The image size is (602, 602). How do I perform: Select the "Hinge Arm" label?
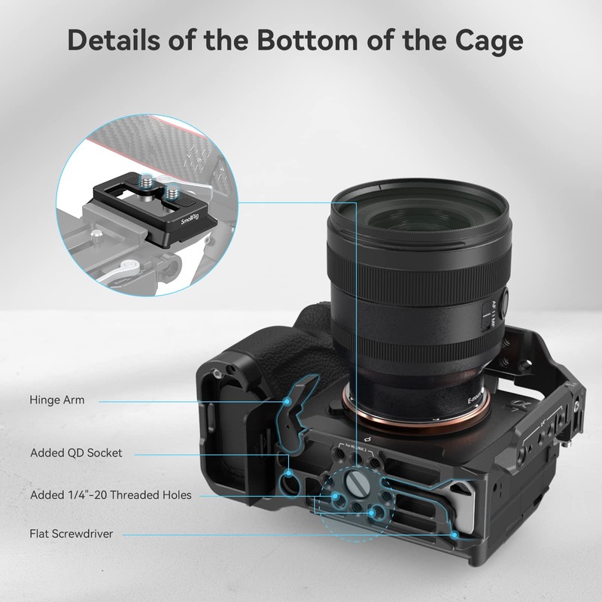[57, 400]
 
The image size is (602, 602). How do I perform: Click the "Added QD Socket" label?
[76, 453]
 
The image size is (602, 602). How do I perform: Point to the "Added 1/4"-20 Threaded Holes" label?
[111, 495]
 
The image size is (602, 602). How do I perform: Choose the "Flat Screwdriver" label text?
[71, 534]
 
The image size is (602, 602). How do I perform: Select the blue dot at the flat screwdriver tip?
[455, 534]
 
